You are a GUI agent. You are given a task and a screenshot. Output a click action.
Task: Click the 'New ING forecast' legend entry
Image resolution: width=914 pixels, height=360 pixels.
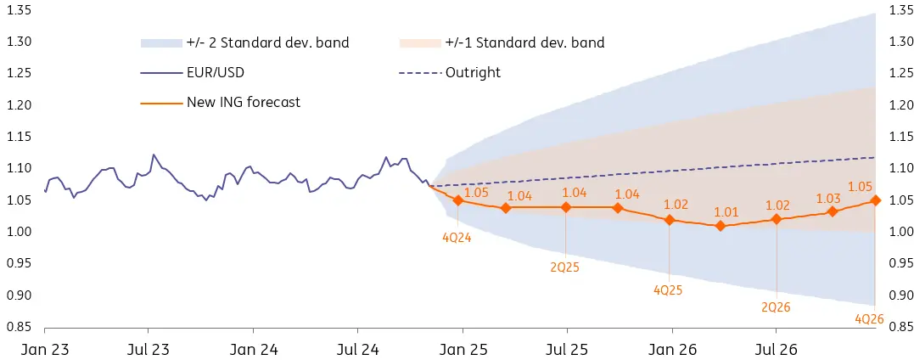(x=244, y=103)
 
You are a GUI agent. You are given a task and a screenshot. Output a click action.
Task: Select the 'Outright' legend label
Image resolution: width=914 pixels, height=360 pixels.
(x=473, y=72)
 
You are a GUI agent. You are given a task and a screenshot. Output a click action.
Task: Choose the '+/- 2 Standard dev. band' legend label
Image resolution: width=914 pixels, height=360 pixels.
(x=267, y=42)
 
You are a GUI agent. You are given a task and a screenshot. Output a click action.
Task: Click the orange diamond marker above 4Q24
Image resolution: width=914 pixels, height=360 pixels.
(x=458, y=200)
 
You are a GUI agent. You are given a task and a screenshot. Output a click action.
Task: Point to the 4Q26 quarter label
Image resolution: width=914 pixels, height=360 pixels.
(x=870, y=319)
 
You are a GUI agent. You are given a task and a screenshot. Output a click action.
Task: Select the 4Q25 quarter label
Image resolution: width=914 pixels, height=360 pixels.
(x=668, y=290)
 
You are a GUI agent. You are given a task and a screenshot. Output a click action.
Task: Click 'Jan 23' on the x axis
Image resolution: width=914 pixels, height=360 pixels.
(x=44, y=348)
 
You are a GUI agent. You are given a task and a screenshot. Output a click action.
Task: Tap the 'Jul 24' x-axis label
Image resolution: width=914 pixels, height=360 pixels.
(x=357, y=348)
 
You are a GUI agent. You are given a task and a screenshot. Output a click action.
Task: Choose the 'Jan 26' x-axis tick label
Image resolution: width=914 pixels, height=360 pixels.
(x=672, y=348)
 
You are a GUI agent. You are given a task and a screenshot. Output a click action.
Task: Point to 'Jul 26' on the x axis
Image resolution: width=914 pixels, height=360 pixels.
(x=777, y=348)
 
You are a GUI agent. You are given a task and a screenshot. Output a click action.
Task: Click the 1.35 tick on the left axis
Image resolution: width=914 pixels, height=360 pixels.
(x=19, y=10)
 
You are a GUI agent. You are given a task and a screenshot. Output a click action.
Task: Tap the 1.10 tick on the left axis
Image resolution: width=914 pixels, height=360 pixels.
(x=19, y=168)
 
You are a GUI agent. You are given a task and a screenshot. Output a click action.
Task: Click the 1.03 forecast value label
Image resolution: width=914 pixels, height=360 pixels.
(x=829, y=198)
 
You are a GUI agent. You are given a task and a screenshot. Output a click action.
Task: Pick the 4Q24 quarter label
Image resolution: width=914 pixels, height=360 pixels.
(x=457, y=238)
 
